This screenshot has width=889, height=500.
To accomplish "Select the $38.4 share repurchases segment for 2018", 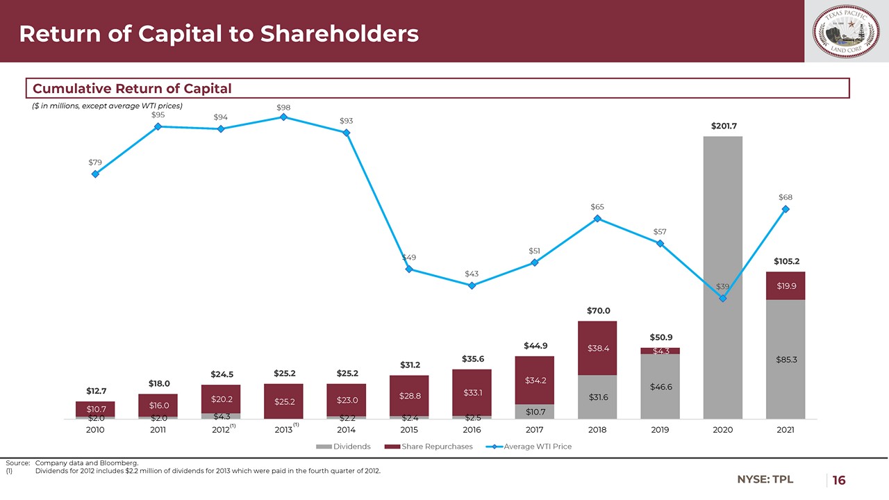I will click(597, 348).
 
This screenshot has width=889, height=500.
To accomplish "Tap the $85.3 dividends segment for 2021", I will click(786, 359).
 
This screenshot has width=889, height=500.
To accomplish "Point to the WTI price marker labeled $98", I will click(283, 117).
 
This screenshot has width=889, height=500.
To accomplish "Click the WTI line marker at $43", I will click(472, 285).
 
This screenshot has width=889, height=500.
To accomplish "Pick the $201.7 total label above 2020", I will click(723, 126).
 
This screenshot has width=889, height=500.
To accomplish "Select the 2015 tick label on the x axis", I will click(409, 430).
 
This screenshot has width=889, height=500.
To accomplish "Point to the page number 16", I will click(839, 480).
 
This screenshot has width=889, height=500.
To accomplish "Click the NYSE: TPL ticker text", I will click(765, 479).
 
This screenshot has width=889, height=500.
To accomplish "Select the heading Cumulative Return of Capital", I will click(133, 88).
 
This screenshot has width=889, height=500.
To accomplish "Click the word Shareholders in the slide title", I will click(340, 33).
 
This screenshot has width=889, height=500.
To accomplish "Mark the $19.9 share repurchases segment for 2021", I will click(786, 285).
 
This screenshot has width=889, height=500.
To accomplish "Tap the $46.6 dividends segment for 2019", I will click(660, 386).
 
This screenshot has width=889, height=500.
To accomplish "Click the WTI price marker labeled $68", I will click(786, 209).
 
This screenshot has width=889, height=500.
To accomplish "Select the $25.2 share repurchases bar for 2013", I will click(283, 401).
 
